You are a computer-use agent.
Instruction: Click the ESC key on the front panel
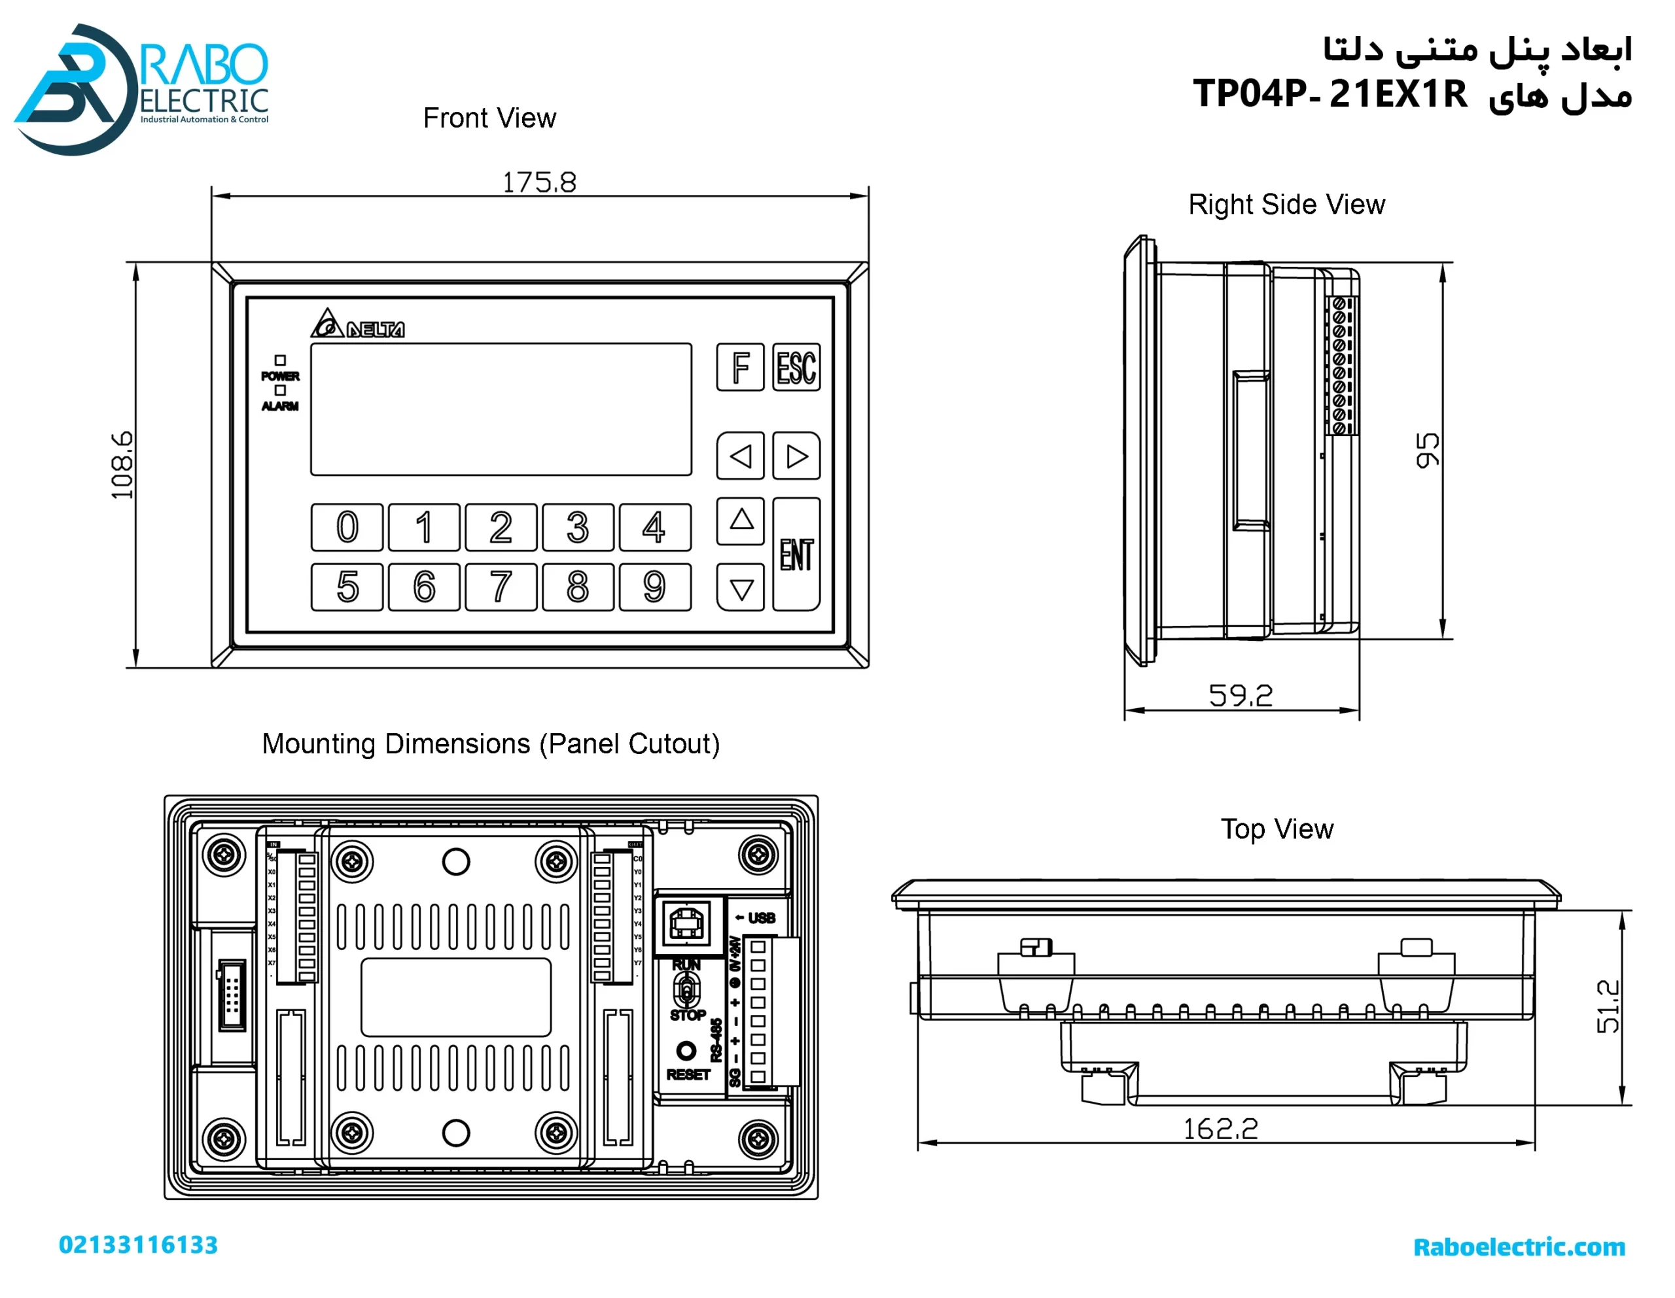tap(796, 367)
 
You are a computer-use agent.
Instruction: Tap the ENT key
tap(796, 555)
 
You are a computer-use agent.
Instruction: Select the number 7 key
tap(501, 587)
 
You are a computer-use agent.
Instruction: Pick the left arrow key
tap(740, 456)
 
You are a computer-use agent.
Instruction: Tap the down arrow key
tap(740, 588)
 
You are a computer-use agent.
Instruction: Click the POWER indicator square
tap(280, 360)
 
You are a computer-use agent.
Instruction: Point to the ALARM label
tap(280, 406)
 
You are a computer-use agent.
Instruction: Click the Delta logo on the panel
tap(357, 324)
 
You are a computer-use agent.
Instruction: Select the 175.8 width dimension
tap(539, 182)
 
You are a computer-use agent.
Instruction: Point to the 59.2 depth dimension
tap(1240, 695)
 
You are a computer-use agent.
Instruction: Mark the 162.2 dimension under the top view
tap(1220, 1129)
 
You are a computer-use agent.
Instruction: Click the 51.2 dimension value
tap(1608, 1006)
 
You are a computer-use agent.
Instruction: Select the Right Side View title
tap(1286, 205)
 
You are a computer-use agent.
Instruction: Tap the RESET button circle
tap(686, 1050)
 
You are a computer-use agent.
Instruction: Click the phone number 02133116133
tap(139, 1244)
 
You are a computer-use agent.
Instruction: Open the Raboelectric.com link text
tap(1519, 1246)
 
